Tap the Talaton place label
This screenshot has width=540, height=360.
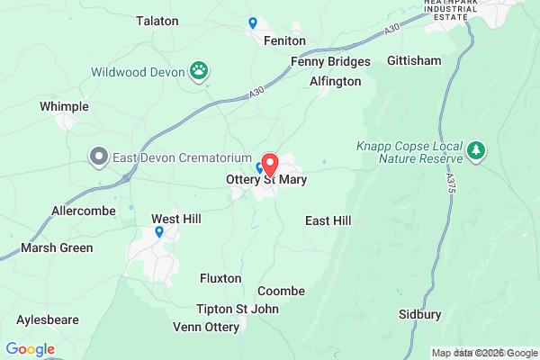[x=157, y=21]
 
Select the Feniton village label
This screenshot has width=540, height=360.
[x=285, y=41]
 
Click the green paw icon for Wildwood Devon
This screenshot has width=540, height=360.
[x=199, y=70]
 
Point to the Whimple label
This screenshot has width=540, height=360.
[x=64, y=106]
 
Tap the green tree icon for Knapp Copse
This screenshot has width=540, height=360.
[x=477, y=149]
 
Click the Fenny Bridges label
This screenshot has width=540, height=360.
[x=330, y=61]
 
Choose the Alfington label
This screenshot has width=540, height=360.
[x=335, y=81]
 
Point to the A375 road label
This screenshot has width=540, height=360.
[x=449, y=180]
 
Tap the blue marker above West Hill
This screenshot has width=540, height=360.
[x=159, y=232]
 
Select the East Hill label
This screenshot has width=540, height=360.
[x=328, y=220]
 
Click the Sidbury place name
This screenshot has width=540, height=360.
[x=420, y=314]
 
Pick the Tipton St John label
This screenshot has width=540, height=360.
[x=238, y=309]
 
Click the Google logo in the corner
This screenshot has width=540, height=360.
[x=30, y=348]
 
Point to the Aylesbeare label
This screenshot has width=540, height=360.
[x=48, y=319]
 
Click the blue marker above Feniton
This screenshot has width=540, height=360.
[x=253, y=22]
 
